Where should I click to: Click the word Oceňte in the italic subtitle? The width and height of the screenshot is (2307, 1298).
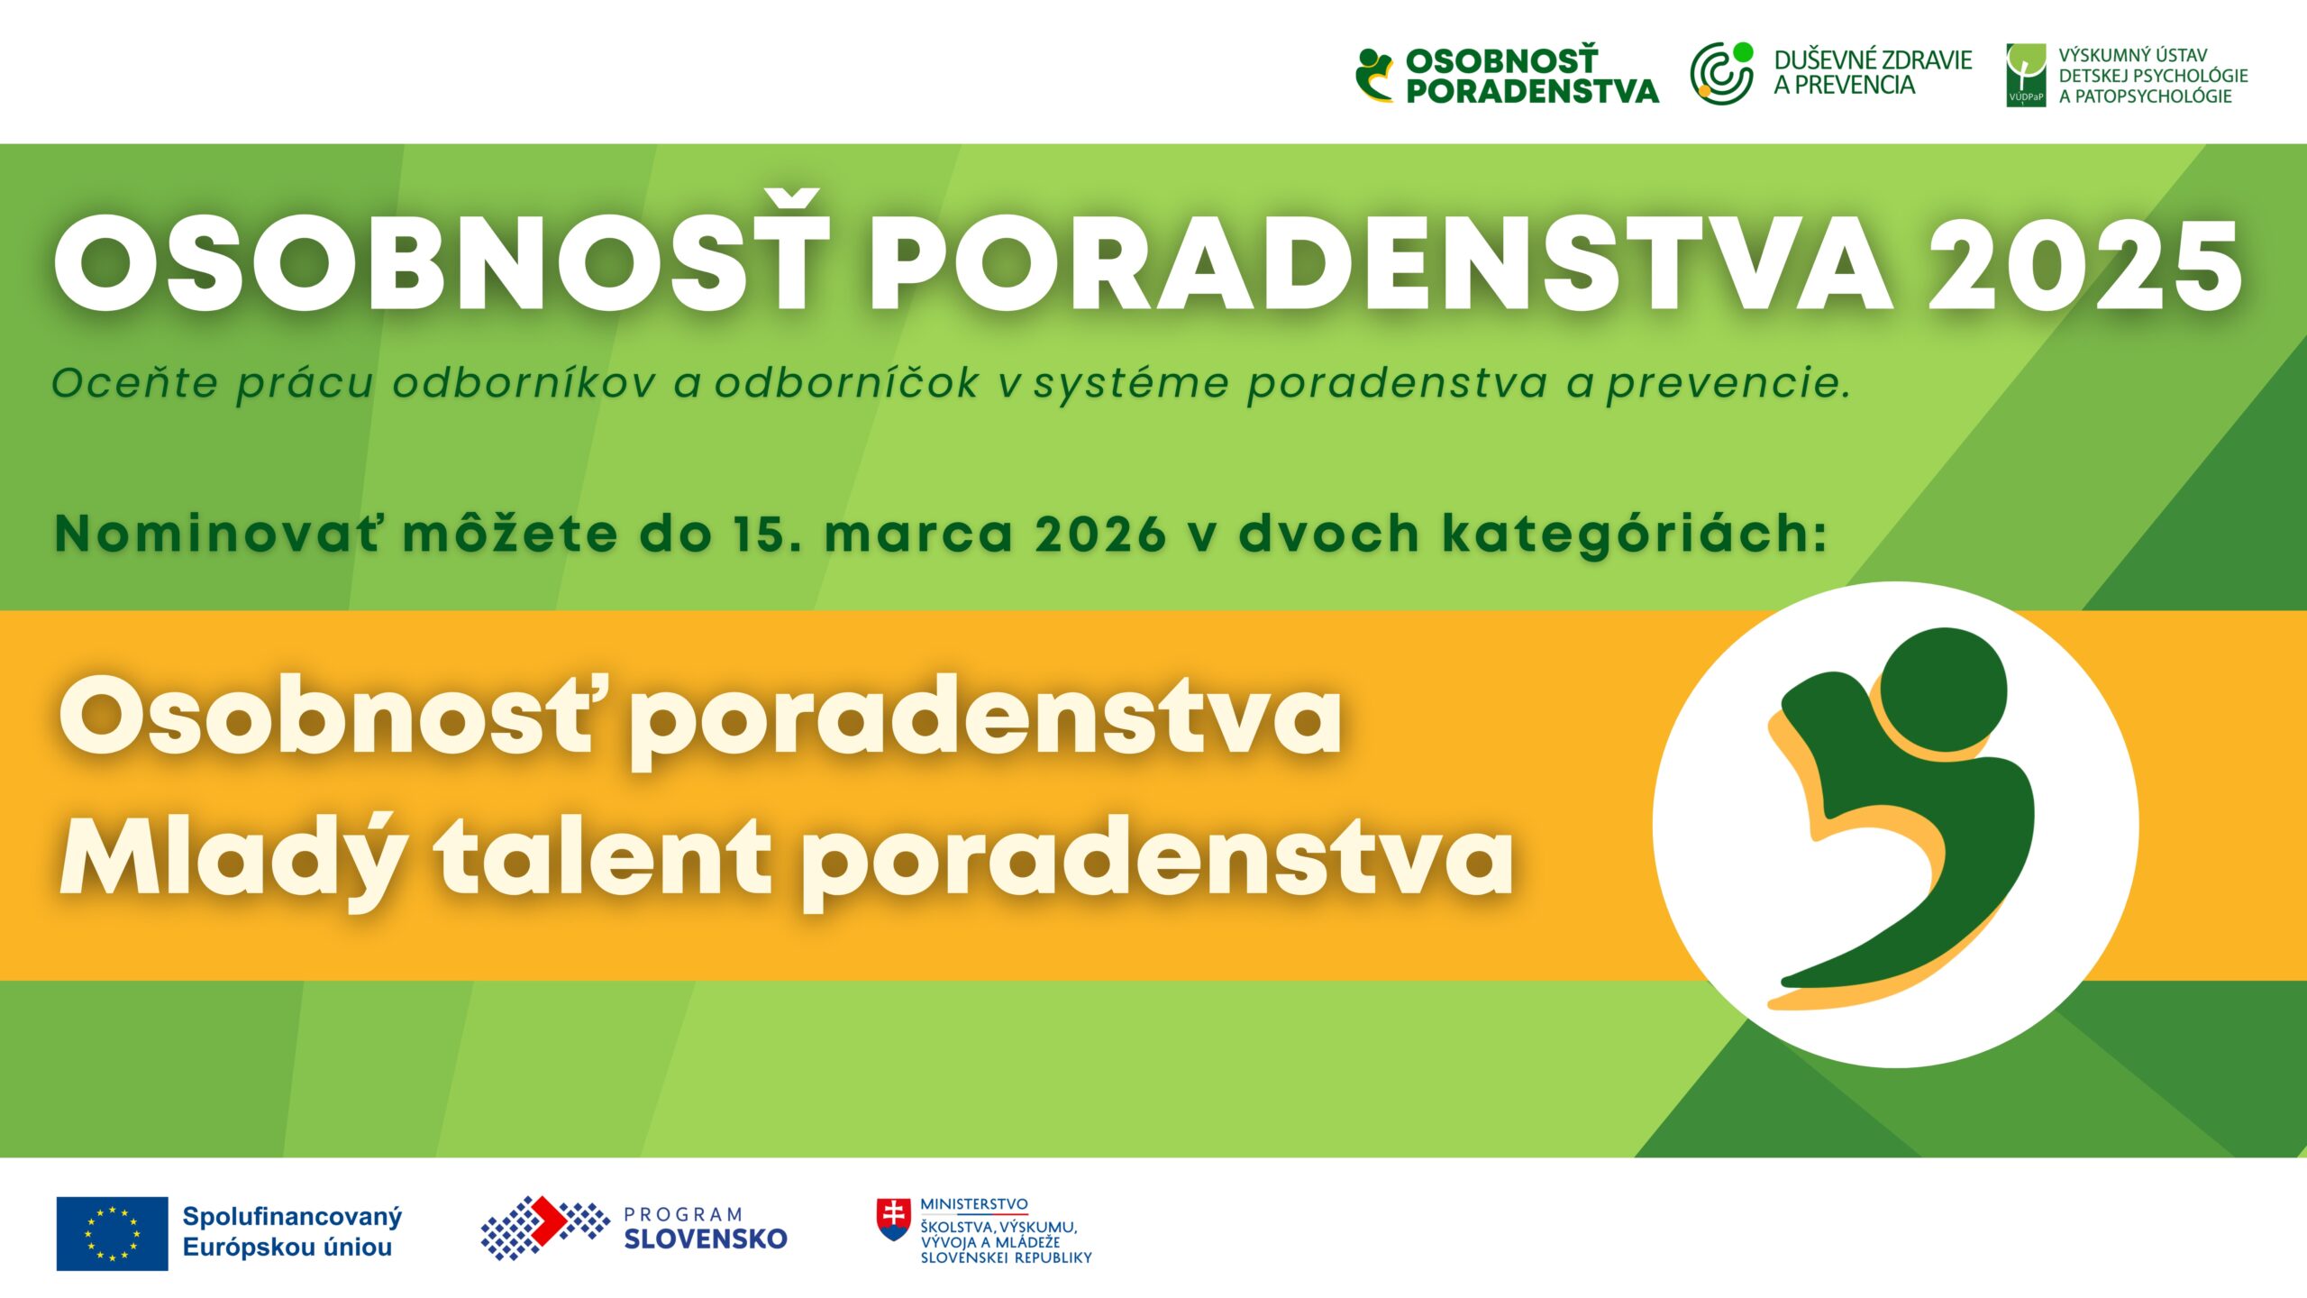tap(135, 382)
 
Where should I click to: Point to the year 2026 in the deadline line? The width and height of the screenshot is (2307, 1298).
tap(1100, 534)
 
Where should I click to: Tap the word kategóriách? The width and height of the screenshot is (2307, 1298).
tap(1634, 534)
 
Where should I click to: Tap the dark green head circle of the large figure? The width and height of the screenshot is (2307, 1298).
tap(1944, 690)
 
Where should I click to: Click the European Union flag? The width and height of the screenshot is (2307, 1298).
tap(112, 1233)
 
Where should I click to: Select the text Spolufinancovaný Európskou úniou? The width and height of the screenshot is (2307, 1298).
tap(292, 1232)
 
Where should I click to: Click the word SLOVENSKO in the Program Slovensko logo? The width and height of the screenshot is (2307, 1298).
tap(706, 1239)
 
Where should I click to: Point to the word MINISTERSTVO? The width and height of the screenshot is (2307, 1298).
tap(974, 1204)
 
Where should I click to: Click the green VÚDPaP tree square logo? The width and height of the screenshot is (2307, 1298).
tap(2026, 75)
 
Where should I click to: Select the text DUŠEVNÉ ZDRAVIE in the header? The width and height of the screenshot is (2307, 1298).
tap(1874, 59)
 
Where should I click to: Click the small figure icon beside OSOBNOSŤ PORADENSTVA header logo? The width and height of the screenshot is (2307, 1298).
tap(1375, 75)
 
